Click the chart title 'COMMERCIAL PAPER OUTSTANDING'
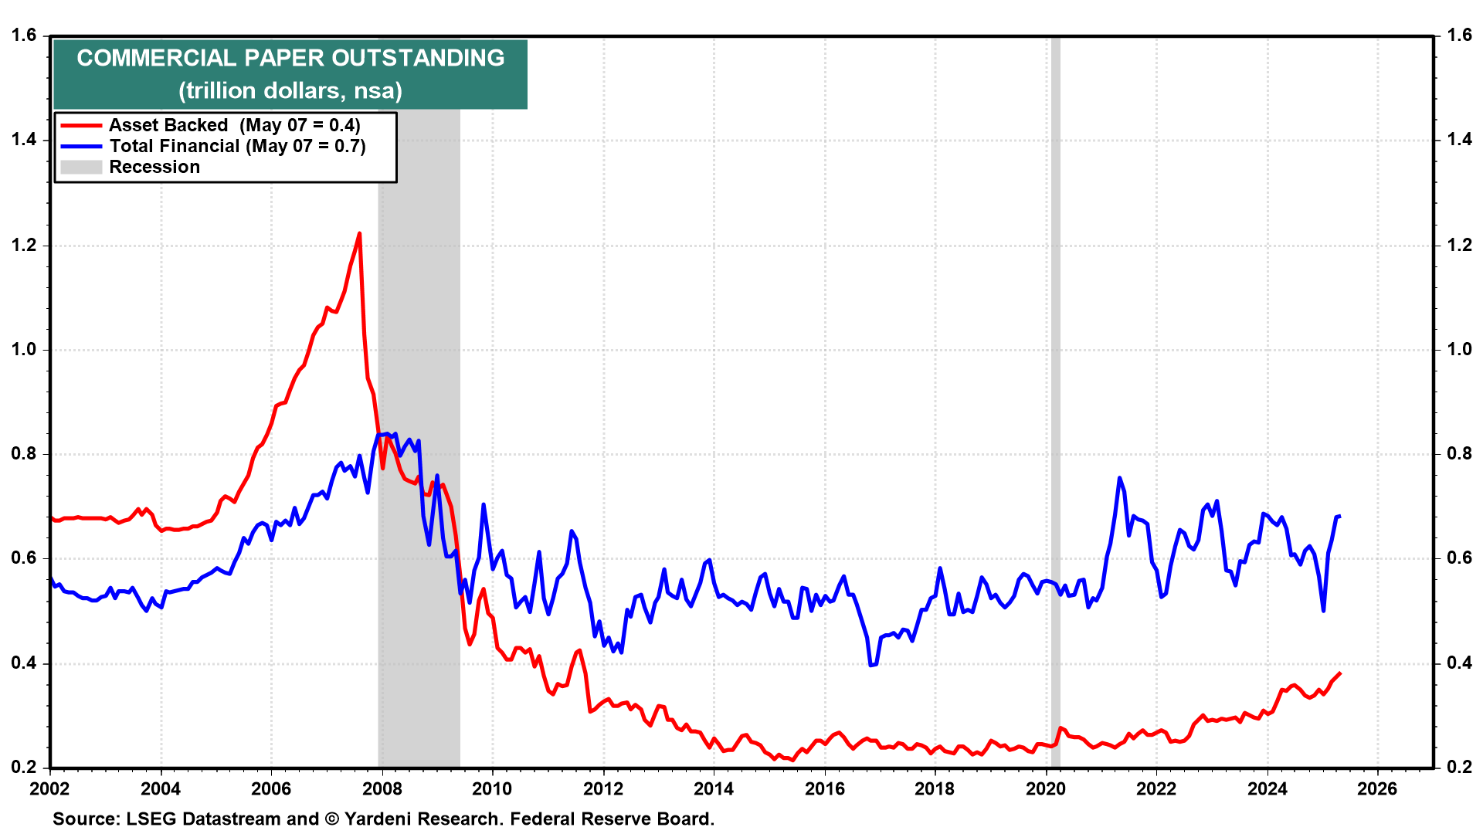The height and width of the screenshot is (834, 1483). pyautogui.click(x=290, y=58)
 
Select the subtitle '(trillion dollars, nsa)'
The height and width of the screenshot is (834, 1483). pyautogui.click(x=290, y=91)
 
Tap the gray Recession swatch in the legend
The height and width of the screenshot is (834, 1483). pyautogui.click(x=81, y=167)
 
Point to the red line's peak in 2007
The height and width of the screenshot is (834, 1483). pyautogui.click(x=359, y=233)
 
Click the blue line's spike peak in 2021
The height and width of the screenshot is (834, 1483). pyautogui.click(x=1119, y=478)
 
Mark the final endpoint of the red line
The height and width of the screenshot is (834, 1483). pyautogui.click(x=1340, y=673)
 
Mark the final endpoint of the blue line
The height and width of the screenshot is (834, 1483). pyautogui.click(x=1340, y=516)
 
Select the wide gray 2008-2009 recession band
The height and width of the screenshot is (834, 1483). pyautogui.click(x=419, y=309)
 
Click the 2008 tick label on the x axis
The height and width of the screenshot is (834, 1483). pyautogui.click(x=382, y=788)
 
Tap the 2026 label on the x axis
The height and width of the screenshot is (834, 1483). pyautogui.click(x=1377, y=788)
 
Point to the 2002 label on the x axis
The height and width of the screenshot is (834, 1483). pyautogui.click(x=49, y=788)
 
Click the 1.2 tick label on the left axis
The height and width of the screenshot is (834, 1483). pyautogui.click(x=24, y=246)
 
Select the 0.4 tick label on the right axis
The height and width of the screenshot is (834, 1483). pyautogui.click(x=1459, y=663)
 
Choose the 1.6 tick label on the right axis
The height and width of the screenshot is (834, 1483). pyautogui.click(x=1459, y=35)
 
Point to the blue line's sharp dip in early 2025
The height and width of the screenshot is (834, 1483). pyautogui.click(x=1324, y=611)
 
